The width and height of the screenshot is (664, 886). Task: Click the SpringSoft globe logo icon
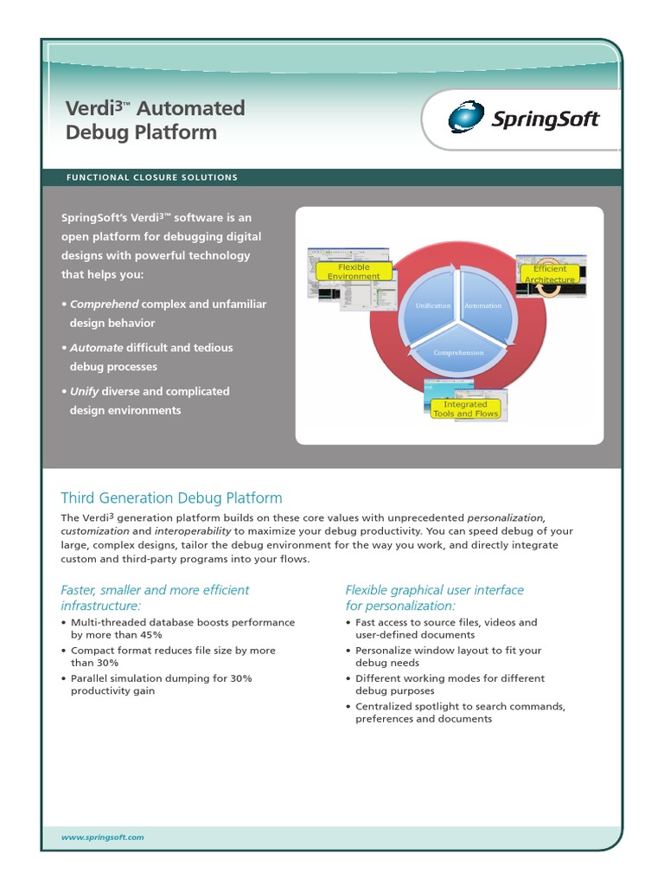pos(466,117)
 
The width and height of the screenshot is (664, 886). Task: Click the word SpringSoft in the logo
pos(544,119)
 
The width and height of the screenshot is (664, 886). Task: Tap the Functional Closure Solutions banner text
pos(152,177)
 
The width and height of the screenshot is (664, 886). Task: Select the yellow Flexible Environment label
pos(354,272)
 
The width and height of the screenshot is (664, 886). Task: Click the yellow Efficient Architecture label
pos(550,274)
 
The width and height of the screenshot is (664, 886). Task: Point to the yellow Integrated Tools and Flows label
pos(465,408)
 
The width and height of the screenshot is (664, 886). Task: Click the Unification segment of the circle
pos(433,306)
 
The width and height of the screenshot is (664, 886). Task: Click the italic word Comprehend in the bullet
pos(104,305)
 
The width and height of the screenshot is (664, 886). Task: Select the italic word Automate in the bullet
pos(96,348)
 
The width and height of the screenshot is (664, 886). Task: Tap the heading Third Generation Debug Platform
pos(171,498)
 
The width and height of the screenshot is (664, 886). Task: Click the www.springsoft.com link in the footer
pos(102,838)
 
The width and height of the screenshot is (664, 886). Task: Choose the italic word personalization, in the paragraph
pos(507,517)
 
